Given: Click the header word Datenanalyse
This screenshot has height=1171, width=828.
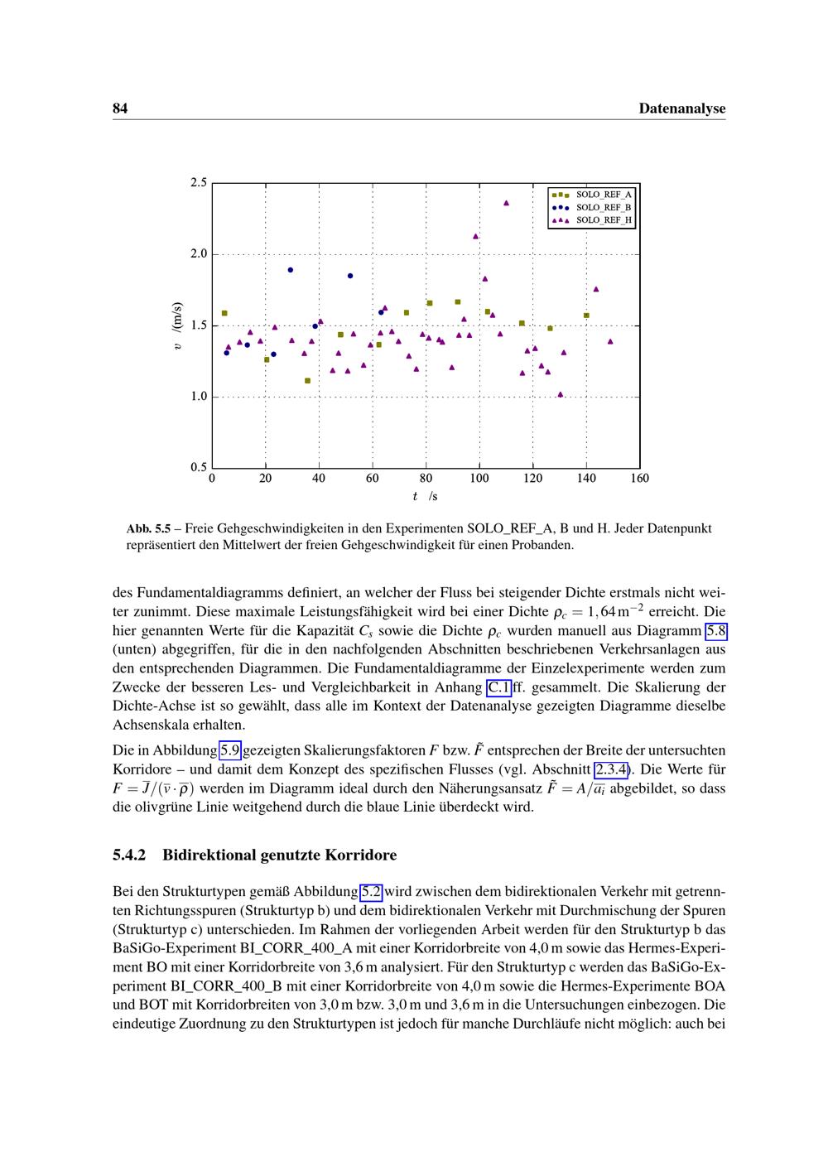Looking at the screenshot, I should tap(682, 108).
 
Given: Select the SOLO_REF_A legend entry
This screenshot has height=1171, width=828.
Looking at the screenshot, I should tap(604, 195).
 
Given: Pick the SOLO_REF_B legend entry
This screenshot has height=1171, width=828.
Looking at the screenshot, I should tap(604, 207).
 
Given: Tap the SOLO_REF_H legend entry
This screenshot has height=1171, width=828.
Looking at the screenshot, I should tap(604, 220).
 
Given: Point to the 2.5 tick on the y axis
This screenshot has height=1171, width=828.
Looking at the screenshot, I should tap(198, 182).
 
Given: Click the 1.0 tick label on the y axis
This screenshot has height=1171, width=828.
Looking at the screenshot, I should tap(198, 397).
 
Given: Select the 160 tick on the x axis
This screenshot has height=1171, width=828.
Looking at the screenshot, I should tap(639, 478).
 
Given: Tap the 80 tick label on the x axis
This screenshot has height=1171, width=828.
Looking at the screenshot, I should tap(426, 478).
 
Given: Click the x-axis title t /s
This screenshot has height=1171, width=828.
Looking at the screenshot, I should tap(425, 497).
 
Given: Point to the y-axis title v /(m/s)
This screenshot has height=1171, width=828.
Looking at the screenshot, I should tap(177, 325).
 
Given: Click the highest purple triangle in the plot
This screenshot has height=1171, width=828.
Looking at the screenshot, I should tap(507, 202).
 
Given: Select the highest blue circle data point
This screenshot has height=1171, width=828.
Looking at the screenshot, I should tap(290, 270).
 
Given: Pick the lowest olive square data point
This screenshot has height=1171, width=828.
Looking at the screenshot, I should tap(307, 381).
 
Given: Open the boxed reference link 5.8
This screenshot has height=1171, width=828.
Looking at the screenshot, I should tap(715, 632).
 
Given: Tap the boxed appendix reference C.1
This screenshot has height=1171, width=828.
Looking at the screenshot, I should tap(498, 687).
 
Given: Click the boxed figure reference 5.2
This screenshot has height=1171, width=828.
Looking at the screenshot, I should tap(372, 892).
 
